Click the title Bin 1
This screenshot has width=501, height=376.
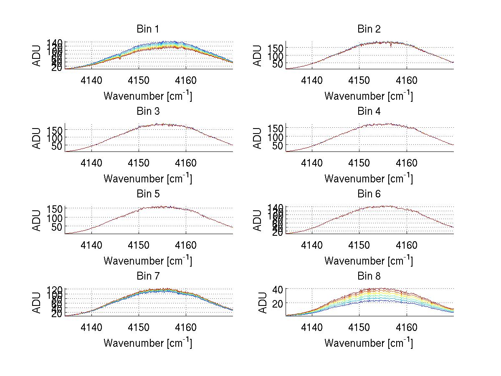(148, 29)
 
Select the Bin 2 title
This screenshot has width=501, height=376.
(369, 29)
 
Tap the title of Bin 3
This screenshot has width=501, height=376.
(148, 111)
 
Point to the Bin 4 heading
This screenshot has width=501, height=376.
(369, 111)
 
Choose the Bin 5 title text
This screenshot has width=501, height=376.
(148, 194)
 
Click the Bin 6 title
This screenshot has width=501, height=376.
(369, 194)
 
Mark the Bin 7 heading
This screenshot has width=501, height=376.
(148, 276)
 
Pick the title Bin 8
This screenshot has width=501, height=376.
(369, 276)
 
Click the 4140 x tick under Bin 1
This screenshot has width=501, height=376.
(91, 80)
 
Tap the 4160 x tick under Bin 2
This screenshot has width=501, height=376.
(407, 80)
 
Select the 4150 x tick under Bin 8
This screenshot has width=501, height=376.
(359, 327)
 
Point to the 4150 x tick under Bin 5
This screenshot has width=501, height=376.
(139, 245)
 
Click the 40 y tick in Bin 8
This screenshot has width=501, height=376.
(278, 289)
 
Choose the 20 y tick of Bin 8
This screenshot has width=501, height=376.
(278, 303)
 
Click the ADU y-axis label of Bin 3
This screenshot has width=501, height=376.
(37, 138)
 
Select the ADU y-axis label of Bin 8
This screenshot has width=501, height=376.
(263, 303)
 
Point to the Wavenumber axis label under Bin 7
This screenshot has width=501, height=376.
(148, 343)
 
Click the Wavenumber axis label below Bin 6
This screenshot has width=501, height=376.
(369, 261)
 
